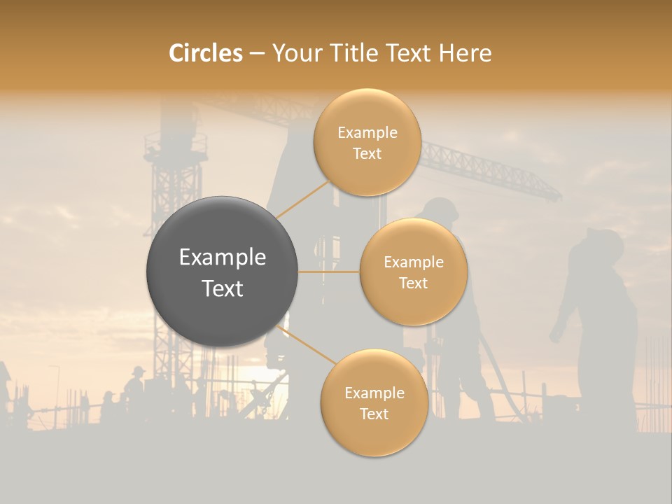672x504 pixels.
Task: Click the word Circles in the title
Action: pos(205,53)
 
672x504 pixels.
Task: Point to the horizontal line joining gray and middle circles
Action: pos(329,272)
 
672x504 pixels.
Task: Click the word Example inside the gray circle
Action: pos(222,258)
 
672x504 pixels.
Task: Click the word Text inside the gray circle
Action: pos(222,288)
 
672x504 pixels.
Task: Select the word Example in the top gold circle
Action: pos(367,132)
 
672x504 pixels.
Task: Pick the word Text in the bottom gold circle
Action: pos(374,414)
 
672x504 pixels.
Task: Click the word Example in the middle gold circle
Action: pos(413,262)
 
